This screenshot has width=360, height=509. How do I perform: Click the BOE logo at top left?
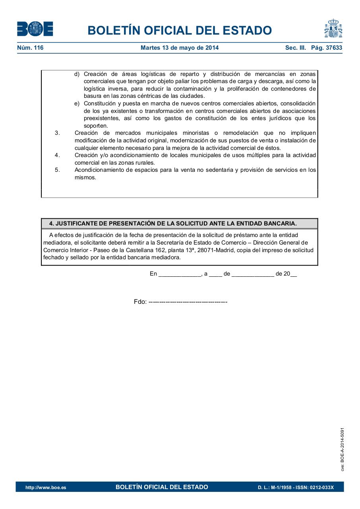35,29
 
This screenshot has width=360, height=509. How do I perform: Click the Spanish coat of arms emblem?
333,28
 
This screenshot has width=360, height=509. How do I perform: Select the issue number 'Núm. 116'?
30,48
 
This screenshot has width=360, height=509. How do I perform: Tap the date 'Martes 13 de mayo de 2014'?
180,48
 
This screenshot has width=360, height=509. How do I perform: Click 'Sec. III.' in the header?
296,48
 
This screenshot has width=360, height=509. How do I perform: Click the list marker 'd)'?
77,74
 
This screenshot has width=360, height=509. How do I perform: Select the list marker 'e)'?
77,103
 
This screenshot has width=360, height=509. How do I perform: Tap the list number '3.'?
57,133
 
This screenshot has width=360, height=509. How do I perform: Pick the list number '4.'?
57,155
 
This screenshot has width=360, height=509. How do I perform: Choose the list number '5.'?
57,170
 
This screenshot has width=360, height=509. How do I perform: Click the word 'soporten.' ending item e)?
96,126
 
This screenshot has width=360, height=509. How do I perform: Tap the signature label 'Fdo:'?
140,302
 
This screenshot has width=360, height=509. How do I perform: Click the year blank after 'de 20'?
294,274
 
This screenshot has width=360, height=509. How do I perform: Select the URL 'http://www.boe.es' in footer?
46,488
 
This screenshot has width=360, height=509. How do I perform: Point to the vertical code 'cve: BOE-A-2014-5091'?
342,449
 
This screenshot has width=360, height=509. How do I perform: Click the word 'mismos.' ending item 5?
85,177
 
